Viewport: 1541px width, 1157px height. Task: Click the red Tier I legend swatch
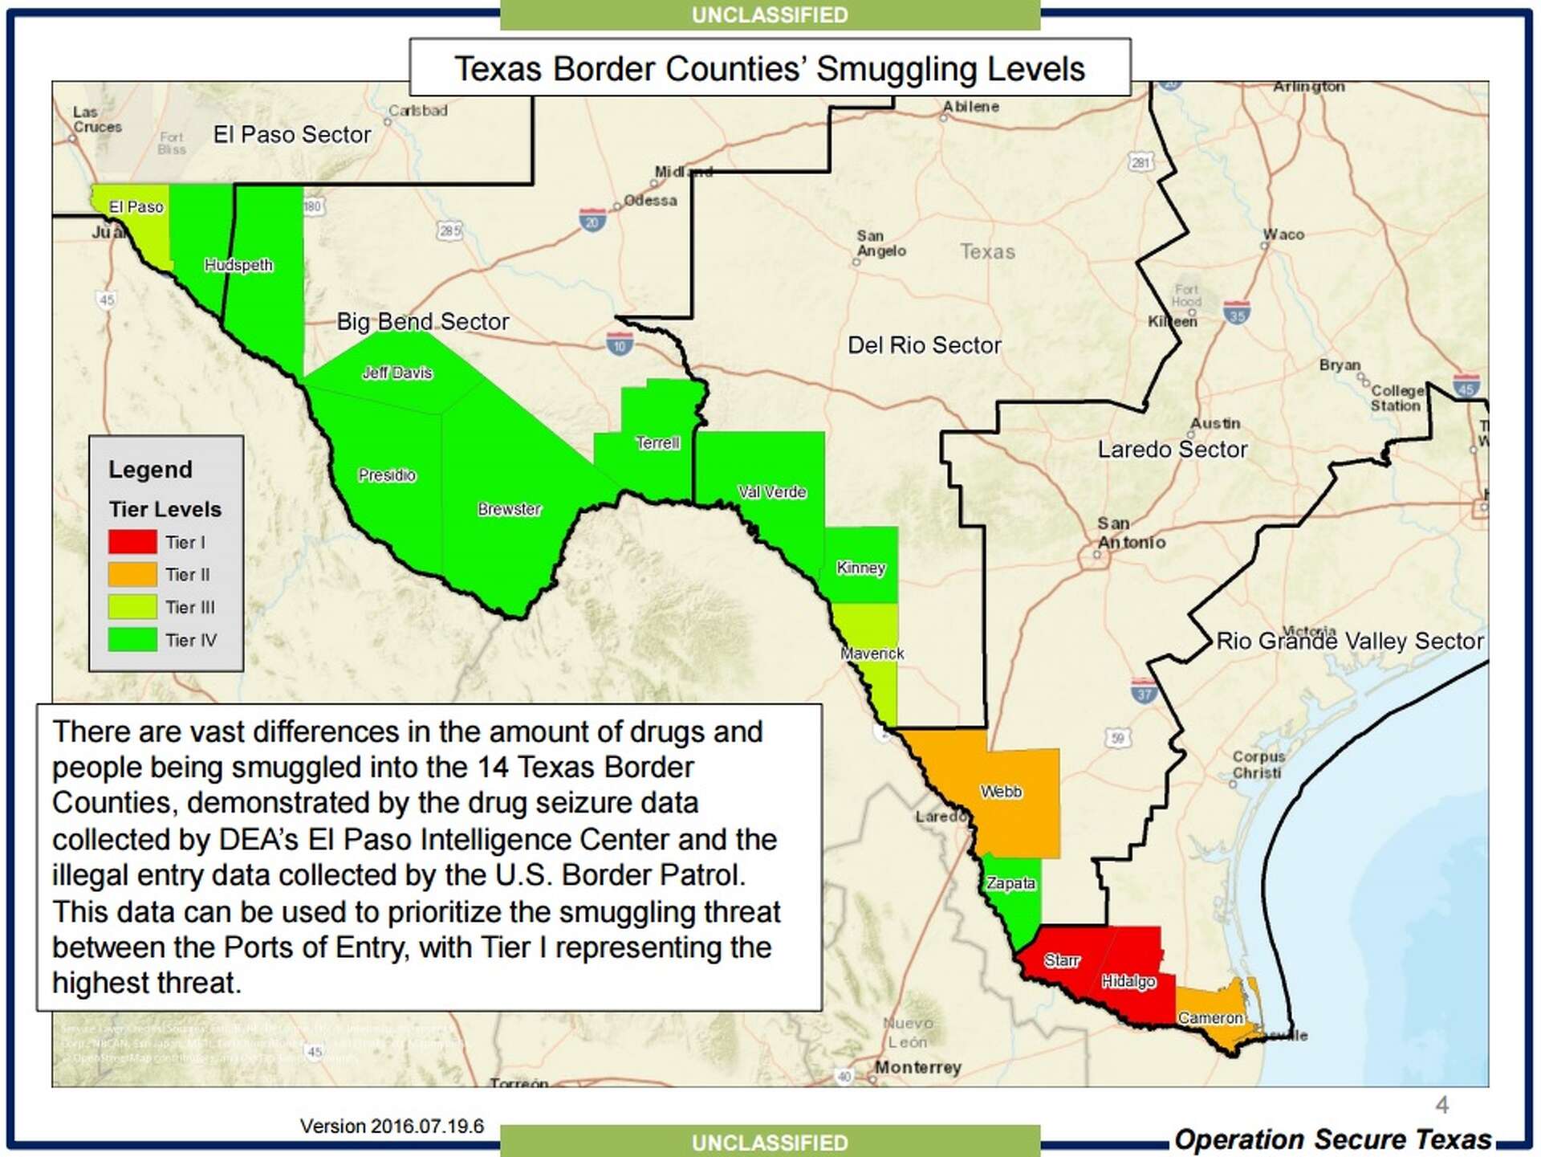(132, 542)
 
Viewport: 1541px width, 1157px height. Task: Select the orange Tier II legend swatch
(132, 575)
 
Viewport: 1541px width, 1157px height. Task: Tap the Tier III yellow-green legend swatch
(132, 607)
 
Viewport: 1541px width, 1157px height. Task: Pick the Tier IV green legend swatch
(132, 640)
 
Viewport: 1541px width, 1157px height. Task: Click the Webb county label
(1001, 792)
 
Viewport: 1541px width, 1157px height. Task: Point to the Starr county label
(1062, 960)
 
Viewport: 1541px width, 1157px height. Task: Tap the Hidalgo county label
(1128, 981)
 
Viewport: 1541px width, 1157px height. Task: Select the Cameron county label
(1210, 1018)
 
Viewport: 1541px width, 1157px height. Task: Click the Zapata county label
(1010, 883)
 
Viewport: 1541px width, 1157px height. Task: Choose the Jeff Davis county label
(397, 373)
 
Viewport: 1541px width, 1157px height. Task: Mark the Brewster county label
(510, 509)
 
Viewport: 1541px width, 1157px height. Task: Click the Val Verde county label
(772, 492)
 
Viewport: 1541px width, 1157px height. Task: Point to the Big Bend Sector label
(423, 322)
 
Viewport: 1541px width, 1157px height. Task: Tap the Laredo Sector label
(1173, 450)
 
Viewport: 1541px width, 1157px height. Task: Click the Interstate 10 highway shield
(619, 344)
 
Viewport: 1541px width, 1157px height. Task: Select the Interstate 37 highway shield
(1144, 691)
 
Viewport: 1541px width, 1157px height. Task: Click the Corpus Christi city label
(1258, 764)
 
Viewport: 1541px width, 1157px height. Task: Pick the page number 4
(1441, 1106)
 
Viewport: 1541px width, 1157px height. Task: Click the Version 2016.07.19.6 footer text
(392, 1126)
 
